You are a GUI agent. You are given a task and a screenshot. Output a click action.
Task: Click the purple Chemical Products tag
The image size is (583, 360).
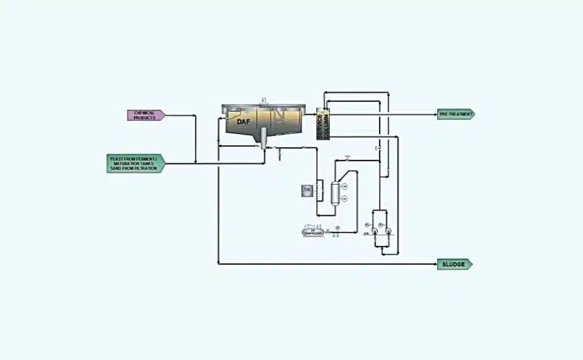tap(145, 115)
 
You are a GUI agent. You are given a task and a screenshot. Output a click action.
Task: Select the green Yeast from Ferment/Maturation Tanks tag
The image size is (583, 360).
tap(135, 163)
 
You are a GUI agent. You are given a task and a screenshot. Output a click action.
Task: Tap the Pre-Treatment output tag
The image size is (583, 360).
tap(456, 114)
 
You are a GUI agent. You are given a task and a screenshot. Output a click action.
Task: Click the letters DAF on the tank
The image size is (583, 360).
tap(243, 121)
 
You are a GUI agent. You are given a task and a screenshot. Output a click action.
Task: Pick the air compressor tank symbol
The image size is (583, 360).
tap(313, 232)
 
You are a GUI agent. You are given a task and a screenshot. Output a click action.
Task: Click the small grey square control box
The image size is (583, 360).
tap(307, 191)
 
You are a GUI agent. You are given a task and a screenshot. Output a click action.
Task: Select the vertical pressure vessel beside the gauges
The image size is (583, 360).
tap(334, 191)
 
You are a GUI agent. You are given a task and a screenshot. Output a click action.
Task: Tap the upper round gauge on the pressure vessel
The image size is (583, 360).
tap(344, 185)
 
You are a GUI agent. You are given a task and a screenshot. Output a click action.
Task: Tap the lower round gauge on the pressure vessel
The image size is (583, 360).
tap(344, 199)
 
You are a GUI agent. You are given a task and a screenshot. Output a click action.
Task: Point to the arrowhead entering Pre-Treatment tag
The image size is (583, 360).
tap(434, 114)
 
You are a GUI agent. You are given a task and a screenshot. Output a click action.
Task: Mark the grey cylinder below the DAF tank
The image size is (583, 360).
tap(265, 138)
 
